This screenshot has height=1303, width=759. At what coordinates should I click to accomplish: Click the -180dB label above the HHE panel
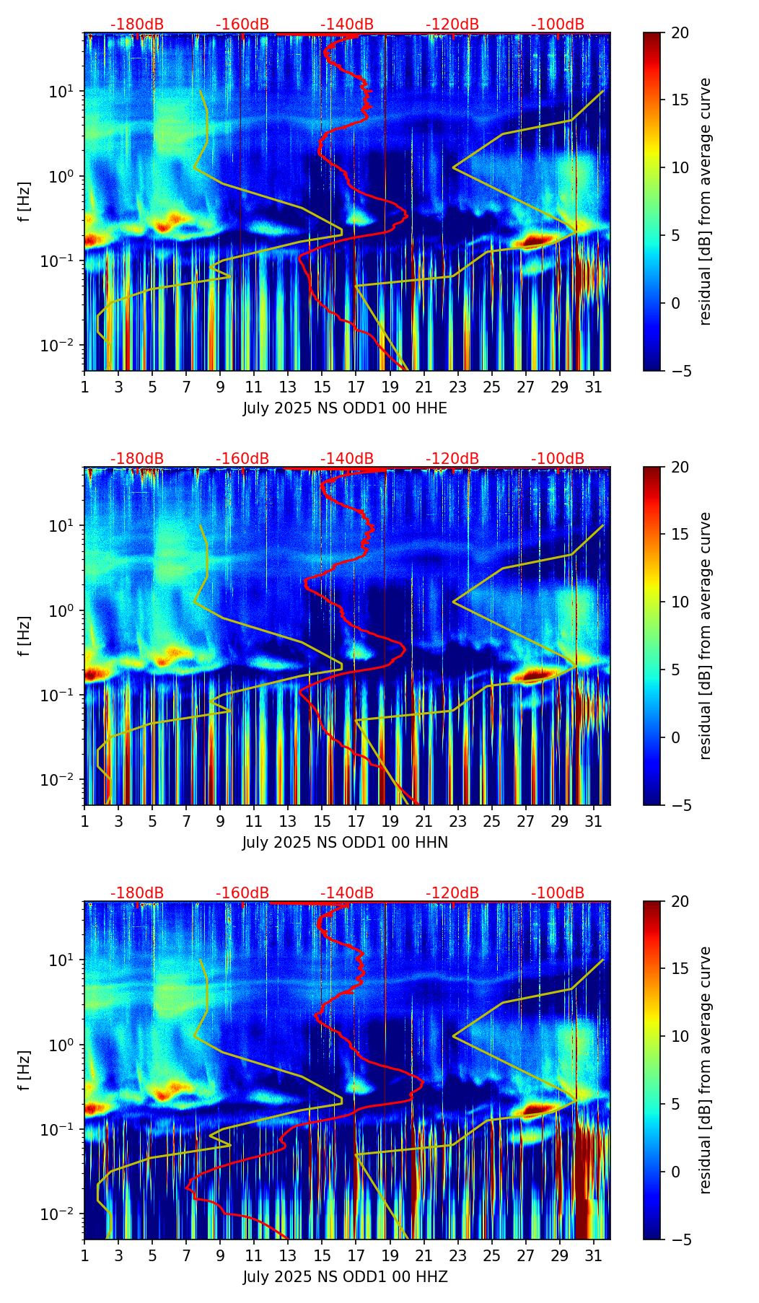pos(137,25)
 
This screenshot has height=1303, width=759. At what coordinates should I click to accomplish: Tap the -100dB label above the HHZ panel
pos(558,893)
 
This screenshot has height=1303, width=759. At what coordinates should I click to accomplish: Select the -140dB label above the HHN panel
pos(347,459)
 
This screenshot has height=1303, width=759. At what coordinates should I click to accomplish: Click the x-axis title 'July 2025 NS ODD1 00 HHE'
pos(345,408)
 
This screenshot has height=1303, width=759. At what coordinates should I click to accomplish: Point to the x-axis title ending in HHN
pos(345,843)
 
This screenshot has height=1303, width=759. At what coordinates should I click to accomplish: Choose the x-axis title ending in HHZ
pos(345,1277)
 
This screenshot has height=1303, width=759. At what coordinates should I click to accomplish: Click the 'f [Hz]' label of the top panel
pos(25,202)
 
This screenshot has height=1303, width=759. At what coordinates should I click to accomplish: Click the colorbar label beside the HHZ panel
pos(705,1070)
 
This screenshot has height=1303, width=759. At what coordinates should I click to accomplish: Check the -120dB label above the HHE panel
pos(452,25)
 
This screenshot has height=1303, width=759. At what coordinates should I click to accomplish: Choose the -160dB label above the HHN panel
pos(242,459)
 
